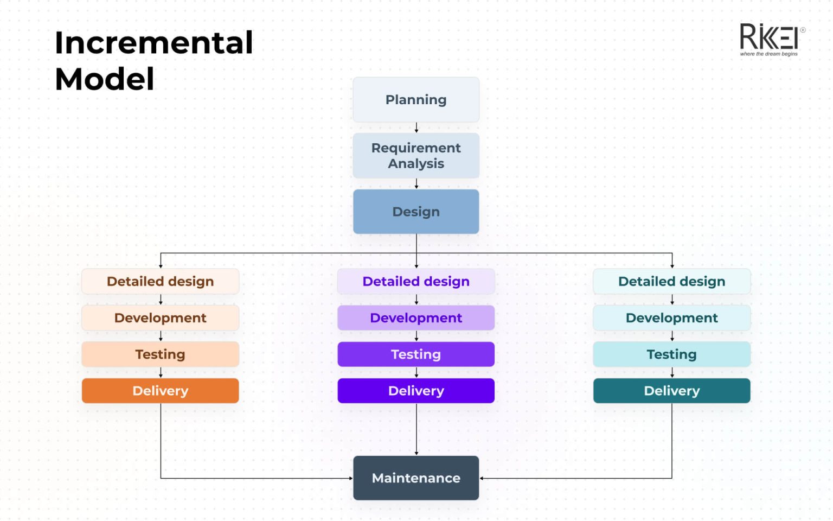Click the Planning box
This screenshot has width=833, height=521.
[416, 100]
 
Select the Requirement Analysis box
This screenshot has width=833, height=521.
[416, 156]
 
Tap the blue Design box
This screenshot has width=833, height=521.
[416, 212]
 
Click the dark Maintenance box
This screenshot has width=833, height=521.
[416, 478]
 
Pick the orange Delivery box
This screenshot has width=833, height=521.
[161, 391]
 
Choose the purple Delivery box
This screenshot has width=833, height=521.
[416, 391]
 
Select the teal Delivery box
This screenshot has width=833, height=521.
[671, 391]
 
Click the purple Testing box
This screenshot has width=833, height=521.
[416, 354]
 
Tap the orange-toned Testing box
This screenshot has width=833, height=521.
[161, 354]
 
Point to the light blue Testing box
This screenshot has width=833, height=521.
[671, 354]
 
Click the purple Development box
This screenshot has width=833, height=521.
[416, 318]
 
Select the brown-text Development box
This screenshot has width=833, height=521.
[161, 318]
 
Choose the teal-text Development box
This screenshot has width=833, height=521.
[671, 318]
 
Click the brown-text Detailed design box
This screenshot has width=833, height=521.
[161, 282]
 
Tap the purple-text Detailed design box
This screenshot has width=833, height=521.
[416, 282]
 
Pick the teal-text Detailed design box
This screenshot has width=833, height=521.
[671, 282]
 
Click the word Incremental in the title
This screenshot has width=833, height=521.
[154, 43]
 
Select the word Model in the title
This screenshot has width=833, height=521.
[105, 79]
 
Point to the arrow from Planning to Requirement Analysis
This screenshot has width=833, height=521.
[416, 128]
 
